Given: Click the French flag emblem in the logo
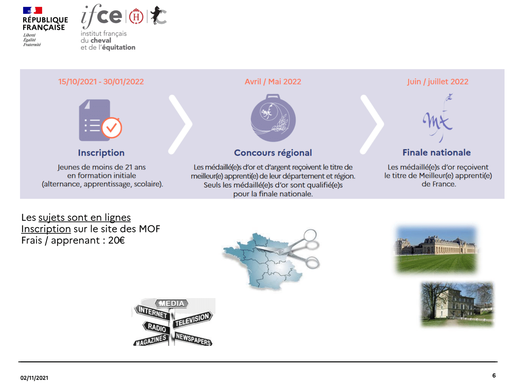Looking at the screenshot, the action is pos(32,10).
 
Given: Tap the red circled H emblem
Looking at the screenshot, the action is pos(136,16).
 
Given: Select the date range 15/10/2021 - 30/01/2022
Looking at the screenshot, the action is pos(101,82).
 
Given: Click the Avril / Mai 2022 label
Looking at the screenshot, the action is pos(273,82).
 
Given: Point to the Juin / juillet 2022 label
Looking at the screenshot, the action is pos(437,82).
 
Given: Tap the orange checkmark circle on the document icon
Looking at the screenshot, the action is pos(112,128).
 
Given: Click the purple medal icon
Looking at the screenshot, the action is pos(273,118).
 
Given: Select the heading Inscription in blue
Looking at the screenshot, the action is pos(101,152).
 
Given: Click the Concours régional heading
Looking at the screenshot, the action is pos(273,152).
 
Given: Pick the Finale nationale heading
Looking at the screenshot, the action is pos(437,152).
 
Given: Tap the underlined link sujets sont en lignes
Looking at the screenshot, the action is pos(85,217).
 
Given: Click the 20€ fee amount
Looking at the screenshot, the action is pos(116,240).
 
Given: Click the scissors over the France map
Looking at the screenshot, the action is pos(290,249).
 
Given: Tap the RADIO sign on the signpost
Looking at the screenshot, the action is pos(156,327).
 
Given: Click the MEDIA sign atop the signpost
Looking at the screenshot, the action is pos(172,303).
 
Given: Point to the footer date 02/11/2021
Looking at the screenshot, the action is pos(34,378).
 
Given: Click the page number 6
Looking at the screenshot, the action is pos(494,375).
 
